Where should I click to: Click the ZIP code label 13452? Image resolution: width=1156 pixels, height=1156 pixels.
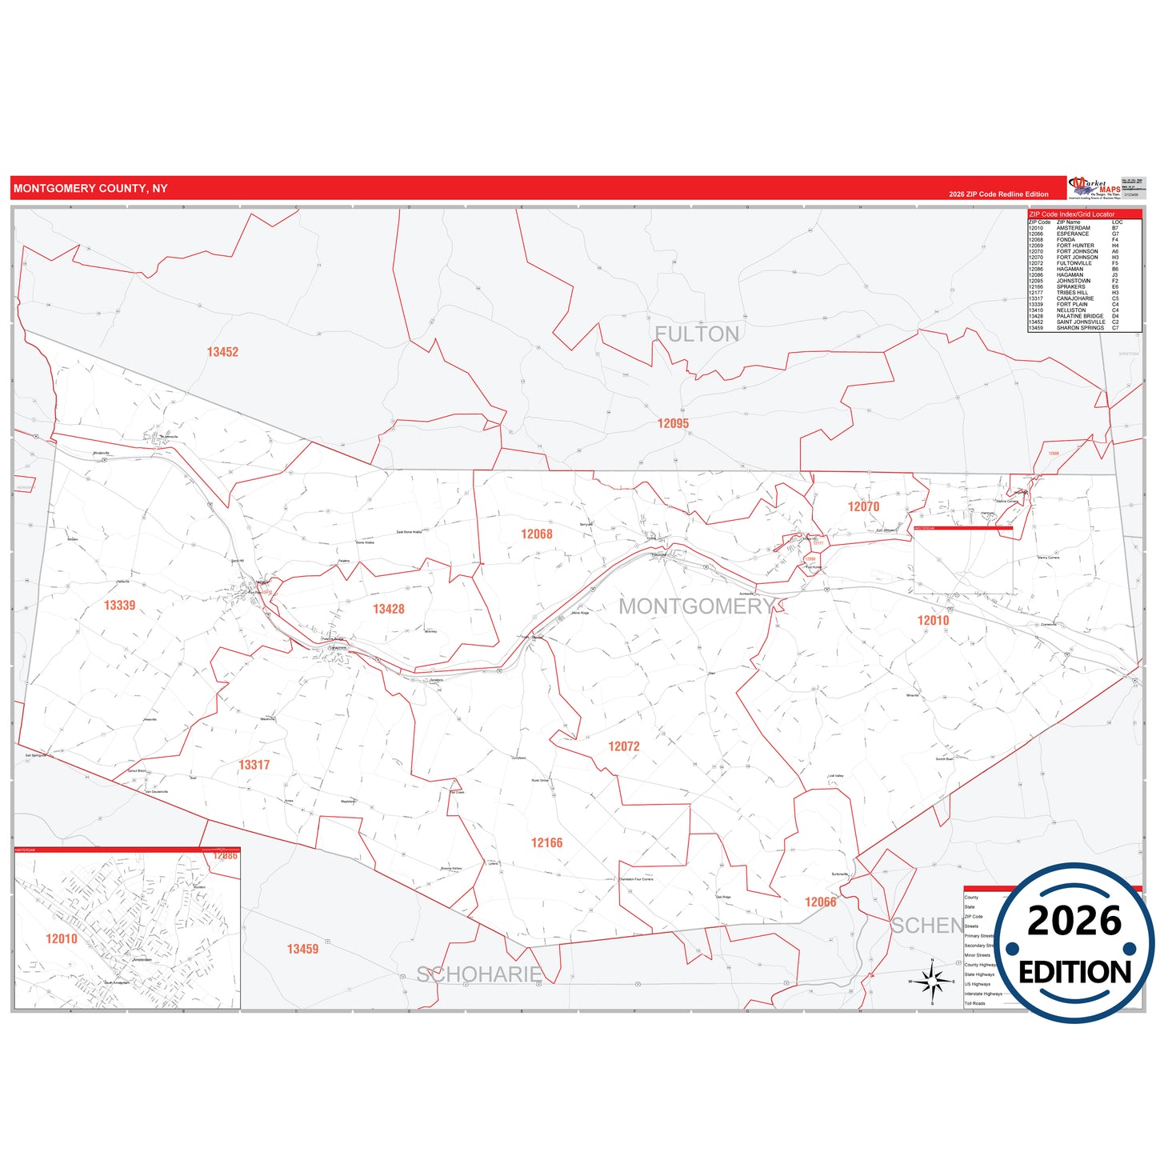click(222, 352)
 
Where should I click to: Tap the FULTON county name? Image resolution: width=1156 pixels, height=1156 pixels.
click(697, 334)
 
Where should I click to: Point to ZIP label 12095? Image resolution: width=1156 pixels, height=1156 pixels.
click(673, 424)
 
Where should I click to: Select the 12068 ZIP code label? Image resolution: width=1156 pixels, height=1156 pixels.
click(536, 534)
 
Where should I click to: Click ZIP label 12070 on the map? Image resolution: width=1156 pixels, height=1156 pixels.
click(863, 507)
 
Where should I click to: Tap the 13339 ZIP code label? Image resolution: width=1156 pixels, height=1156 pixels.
click(119, 606)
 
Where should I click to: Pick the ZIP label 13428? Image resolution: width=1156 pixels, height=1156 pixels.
click(388, 610)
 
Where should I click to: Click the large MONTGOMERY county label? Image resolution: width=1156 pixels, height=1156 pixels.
click(696, 606)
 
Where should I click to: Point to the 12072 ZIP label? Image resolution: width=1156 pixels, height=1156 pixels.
click(623, 746)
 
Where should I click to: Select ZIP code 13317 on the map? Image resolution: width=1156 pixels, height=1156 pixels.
click(254, 766)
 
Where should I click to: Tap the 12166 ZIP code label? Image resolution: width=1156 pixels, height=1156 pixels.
click(546, 843)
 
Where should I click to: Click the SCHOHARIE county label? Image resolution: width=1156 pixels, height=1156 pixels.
click(478, 974)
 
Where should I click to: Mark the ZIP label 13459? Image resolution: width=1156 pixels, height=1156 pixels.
click(302, 950)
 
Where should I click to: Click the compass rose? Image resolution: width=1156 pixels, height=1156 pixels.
click(932, 981)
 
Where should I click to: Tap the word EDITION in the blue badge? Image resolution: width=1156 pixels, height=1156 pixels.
click(1074, 973)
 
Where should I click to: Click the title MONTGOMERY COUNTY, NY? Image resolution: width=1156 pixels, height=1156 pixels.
click(90, 189)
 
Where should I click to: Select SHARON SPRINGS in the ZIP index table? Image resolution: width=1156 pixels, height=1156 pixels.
click(1080, 328)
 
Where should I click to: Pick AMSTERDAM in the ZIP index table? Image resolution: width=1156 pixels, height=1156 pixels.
click(1073, 228)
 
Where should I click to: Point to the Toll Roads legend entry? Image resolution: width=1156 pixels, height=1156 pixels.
click(974, 1003)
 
